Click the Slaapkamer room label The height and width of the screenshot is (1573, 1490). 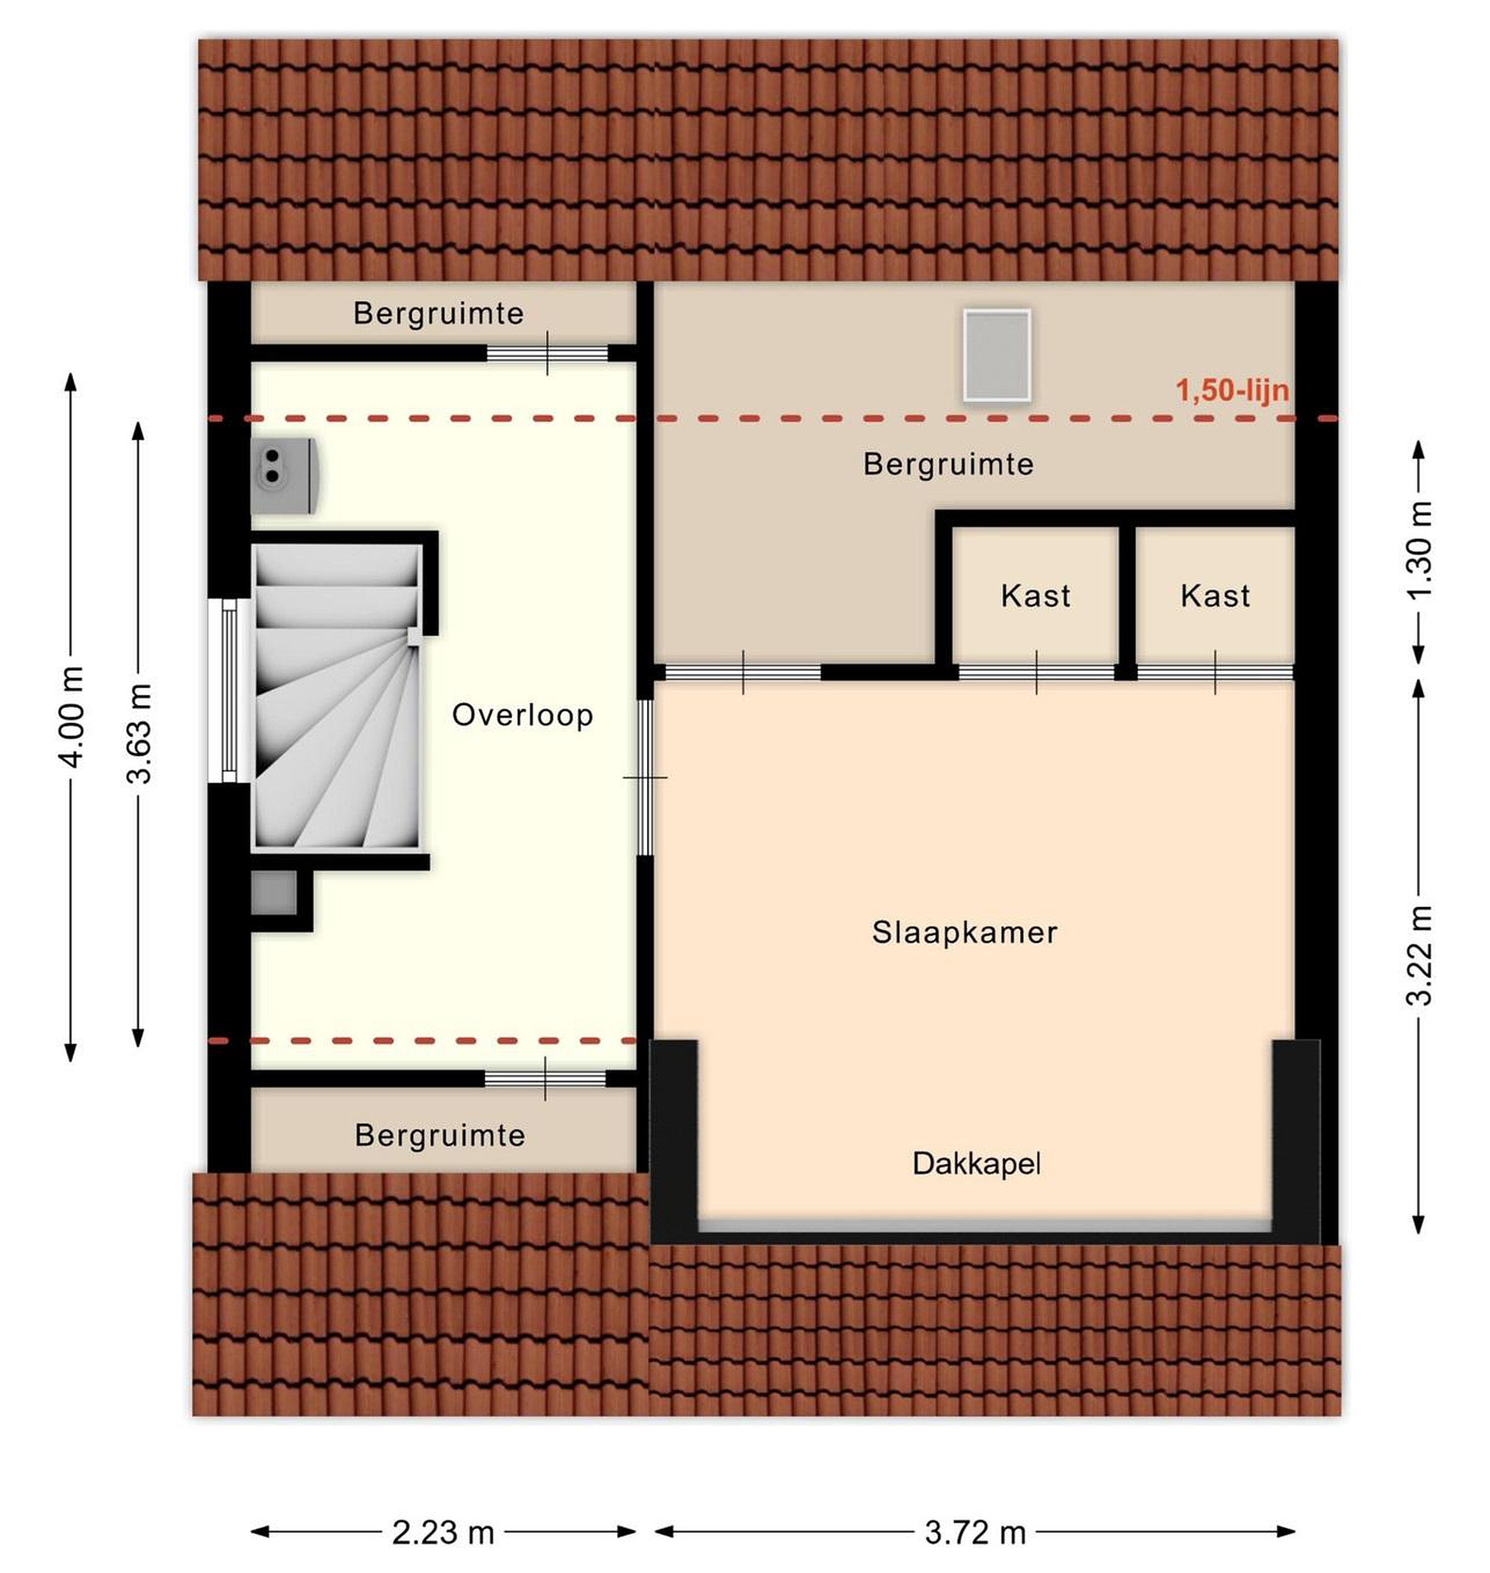click(x=964, y=933)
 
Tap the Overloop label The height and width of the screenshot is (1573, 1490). click(x=523, y=716)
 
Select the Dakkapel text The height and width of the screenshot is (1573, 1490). click(x=976, y=1164)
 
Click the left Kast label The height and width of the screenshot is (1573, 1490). click(x=1036, y=596)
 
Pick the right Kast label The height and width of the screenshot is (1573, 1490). click(x=1215, y=596)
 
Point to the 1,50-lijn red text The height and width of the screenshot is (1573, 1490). click(x=1232, y=391)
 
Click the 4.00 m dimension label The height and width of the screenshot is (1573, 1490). click(x=72, y=717)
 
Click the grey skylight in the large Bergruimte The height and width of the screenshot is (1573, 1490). click(x=997, y=355)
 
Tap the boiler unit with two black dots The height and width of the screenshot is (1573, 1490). click(x=286, y=475)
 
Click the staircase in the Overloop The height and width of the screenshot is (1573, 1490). click(x=337, y=696)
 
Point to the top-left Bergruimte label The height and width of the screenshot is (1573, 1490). click(x=438, y=314)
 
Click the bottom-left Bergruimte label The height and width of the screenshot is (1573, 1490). click(x=440, y=1136)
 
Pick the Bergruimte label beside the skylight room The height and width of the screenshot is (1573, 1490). click(x=948, y=464)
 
